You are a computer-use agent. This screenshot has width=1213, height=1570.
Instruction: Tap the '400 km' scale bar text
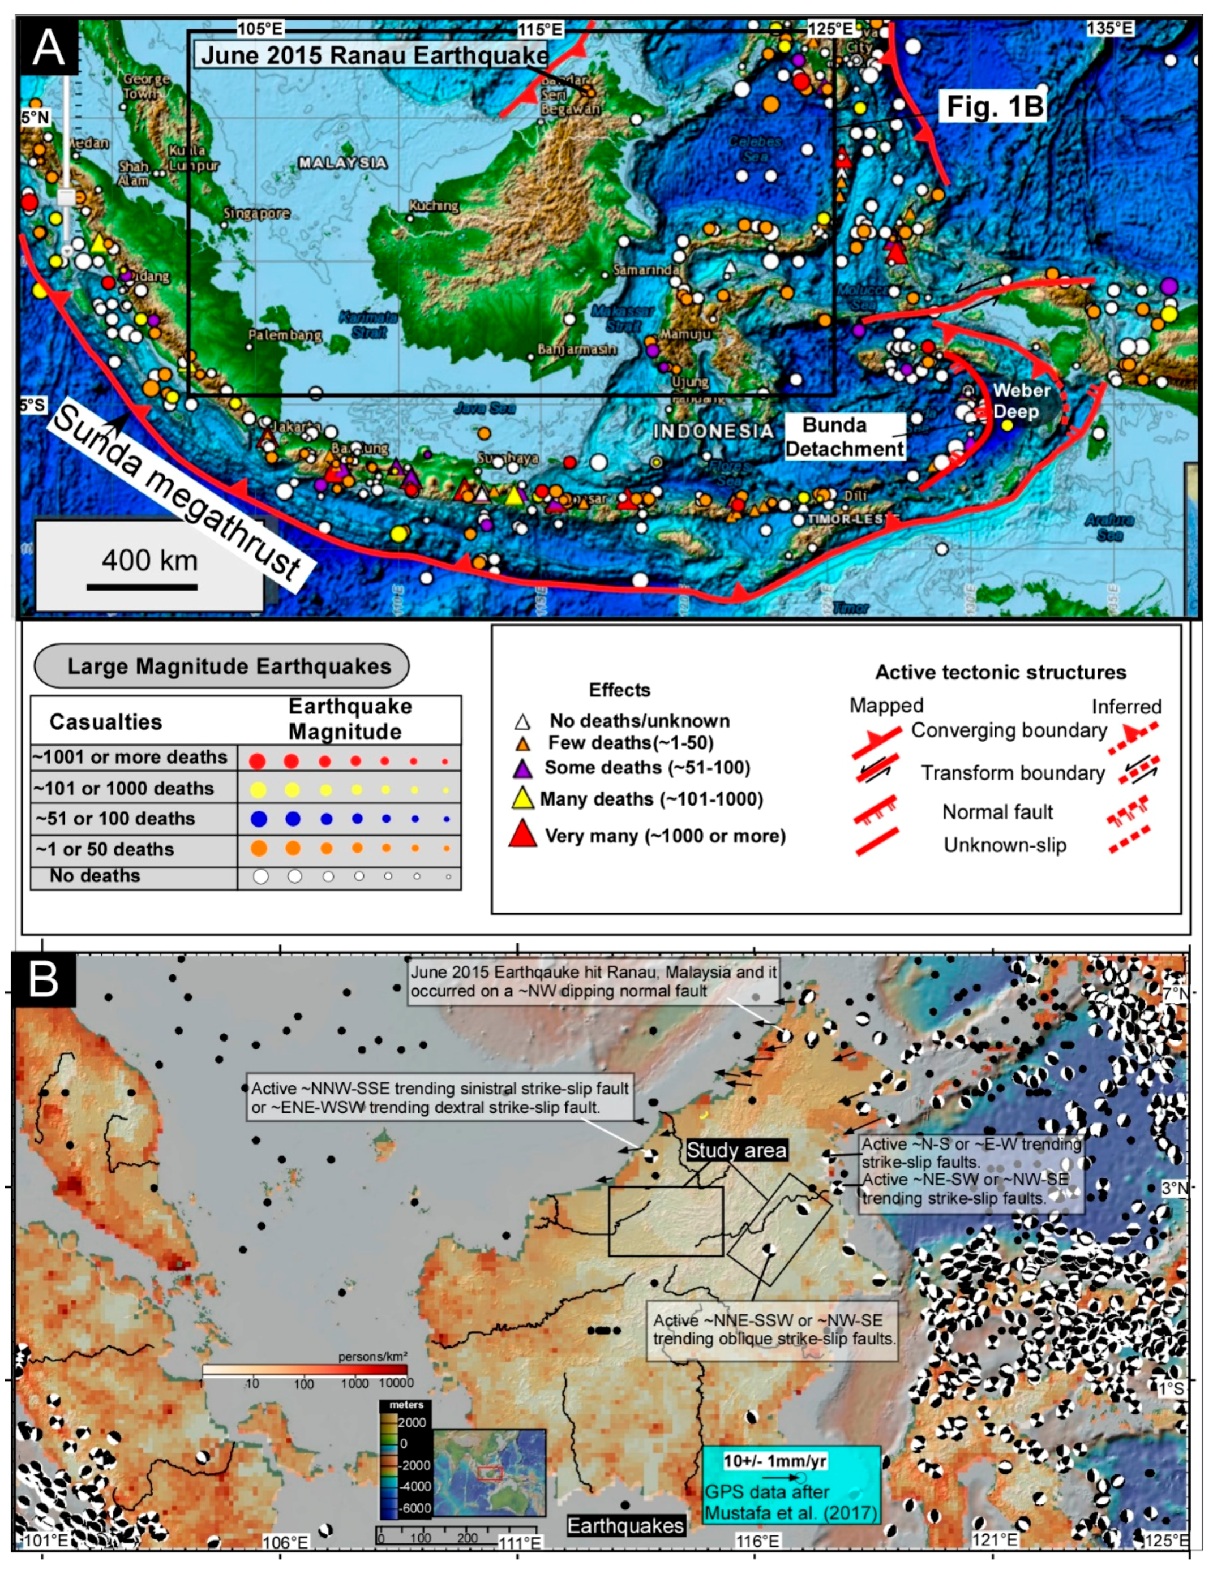pyautogui.click(x=149, y=560)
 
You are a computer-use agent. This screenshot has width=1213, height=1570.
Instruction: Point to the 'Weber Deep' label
pyautogui.click(x=1021, y=401)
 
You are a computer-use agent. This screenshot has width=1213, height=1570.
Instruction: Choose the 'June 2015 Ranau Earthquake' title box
pyautogui.click(x=375, y=55)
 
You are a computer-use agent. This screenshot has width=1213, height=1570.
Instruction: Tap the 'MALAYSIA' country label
pyautogui.click(x=343, y=162)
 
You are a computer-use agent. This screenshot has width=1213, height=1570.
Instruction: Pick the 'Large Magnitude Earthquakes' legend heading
pyautogui.click(x=229, y=666)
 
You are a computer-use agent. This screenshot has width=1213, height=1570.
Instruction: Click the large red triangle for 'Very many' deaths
pyautogui.click(x=523, y=834)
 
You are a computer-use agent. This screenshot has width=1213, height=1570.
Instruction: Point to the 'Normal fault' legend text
pyautogui.click(x=997, y=812)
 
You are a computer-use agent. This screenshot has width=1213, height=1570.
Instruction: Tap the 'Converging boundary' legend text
pyautogui.click(x=1009, y=730)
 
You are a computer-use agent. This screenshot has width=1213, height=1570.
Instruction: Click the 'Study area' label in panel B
pyautogui.click(x=736, y=1150)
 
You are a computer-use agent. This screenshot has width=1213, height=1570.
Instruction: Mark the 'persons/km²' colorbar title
pyautogui.click(x=372, y=1357)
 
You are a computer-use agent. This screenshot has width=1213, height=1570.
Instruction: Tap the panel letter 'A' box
pyautogui.click(x=49, y=48)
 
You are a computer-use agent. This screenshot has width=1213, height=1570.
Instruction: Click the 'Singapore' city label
pyautogui.click(x=256, y=213)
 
